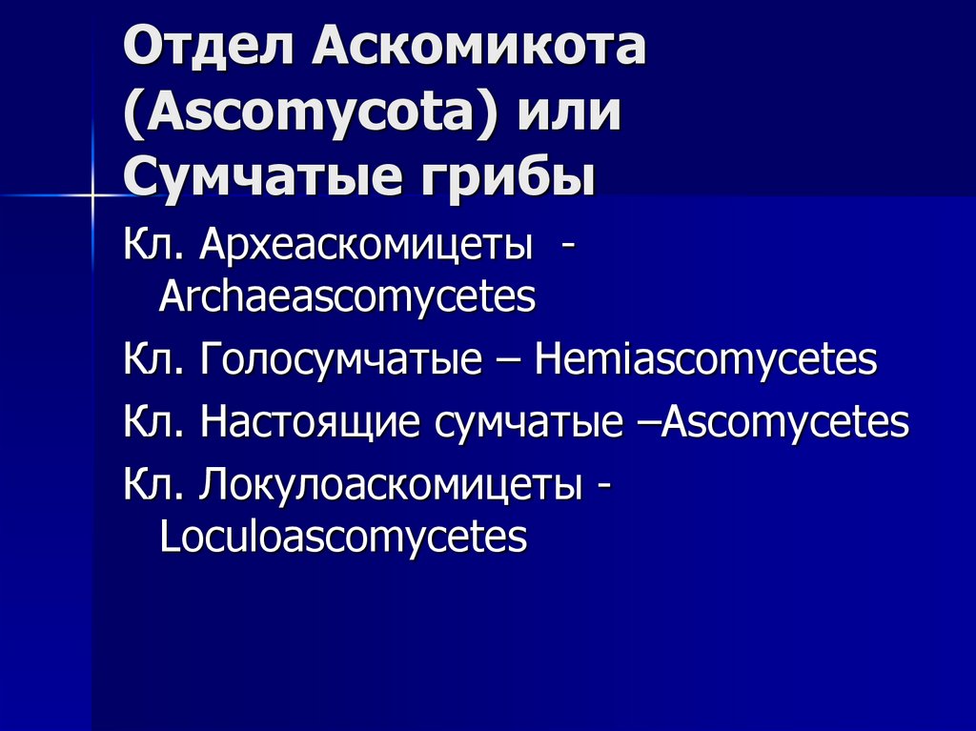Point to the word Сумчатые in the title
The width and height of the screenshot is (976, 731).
point(256,178)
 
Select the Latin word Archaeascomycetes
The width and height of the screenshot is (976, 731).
point(347,298)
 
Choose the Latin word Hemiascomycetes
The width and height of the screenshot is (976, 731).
point(705,361)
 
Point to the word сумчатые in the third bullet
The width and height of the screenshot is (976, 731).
point(528,423)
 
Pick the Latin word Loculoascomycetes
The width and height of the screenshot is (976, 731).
point(343,536)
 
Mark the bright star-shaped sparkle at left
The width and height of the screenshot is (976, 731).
point(91,196)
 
